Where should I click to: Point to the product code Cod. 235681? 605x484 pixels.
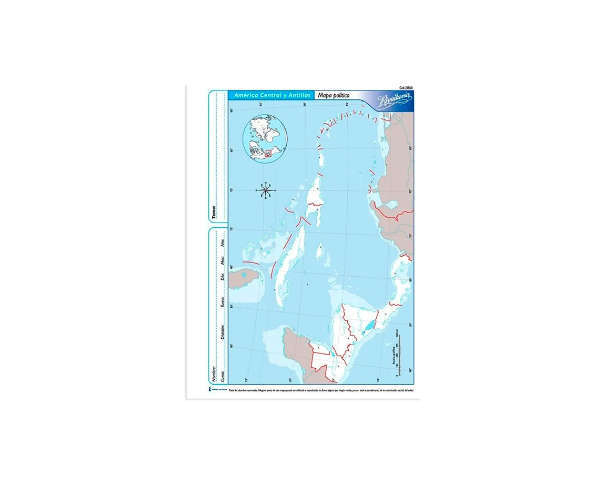pyautogui.click(x=406, y=88)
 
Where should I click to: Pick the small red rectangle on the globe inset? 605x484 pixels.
pyautogui.click(x=268, y=154)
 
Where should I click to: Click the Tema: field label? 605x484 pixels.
pyautogui.click(x=214, y=212)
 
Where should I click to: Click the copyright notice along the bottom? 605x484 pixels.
pyautogui.click(x=321, y=390)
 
